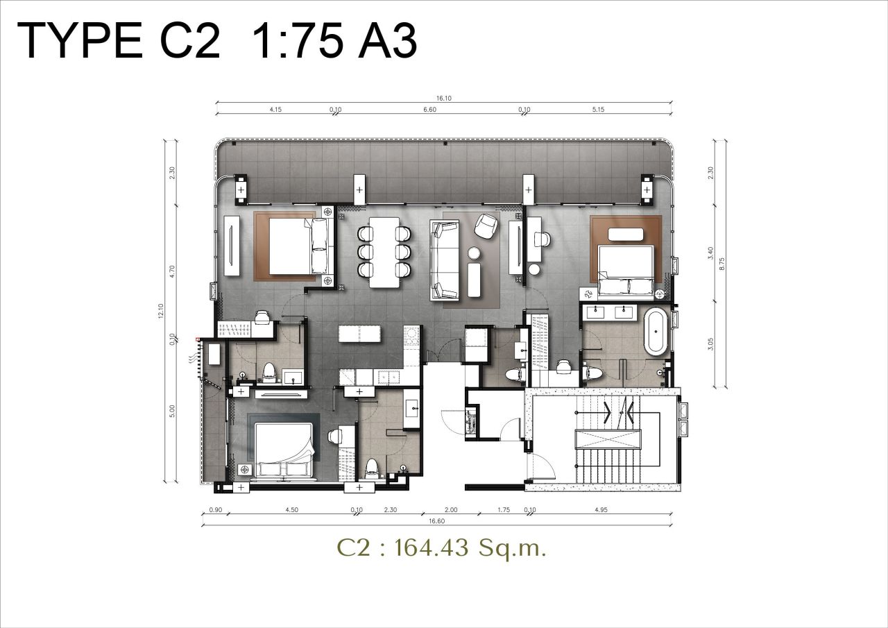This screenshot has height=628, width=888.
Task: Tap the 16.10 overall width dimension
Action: (443, 99)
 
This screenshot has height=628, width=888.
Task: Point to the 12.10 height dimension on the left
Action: (160, 313)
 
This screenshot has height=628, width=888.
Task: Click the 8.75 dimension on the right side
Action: (721, 264)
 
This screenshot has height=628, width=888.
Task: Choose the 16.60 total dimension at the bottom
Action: (436, 520)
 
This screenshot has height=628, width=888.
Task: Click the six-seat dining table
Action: (383, 253)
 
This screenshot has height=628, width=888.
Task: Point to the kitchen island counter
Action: (360, 334)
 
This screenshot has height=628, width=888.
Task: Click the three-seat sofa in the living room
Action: (445, 260)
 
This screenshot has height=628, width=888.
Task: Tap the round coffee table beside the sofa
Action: (475, 253)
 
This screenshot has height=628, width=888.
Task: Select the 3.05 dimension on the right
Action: (710, 345)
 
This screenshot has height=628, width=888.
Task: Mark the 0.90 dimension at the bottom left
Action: (214, 510)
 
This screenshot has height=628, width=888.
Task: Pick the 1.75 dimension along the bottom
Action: (504, 510)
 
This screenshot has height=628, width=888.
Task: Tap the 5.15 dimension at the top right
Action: (599, 110)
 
